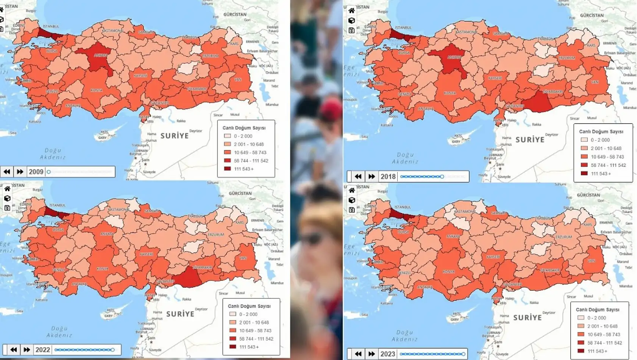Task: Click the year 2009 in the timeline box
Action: coord(36,172)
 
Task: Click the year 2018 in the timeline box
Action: coord(388,177)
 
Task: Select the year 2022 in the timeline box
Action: coord(42,350)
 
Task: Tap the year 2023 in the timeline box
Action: coord(387,354)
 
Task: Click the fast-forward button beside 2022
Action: coord(27,350)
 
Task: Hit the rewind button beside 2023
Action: coord(358,354)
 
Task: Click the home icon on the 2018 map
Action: coord(351,11)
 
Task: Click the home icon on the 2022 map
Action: coord(7,189)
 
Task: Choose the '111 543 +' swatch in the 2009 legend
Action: coord(227,169)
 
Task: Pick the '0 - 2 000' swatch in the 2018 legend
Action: coord(584,140)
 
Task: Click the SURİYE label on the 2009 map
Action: coord(175,136)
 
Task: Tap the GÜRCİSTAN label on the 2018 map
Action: coord(592,16)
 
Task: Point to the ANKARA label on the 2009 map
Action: coord(100,55)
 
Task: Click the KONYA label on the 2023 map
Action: coord(448,272)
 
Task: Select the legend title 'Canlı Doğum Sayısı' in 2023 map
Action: coord(597,310)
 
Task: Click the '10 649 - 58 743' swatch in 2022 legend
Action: coord(233,330)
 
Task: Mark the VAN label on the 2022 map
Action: coord(243,258)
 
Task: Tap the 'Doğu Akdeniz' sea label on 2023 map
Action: coord(404,336)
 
